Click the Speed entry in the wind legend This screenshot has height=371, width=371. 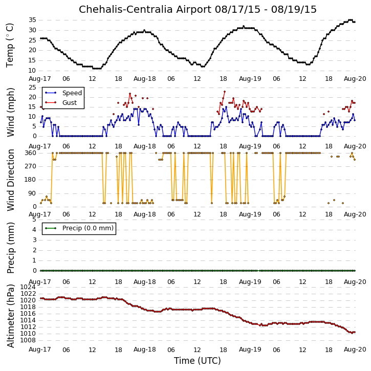point(72,93)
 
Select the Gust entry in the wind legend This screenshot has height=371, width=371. point(70,103)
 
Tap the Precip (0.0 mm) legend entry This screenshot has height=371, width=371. point(88,228)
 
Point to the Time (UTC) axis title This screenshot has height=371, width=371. point(198,361)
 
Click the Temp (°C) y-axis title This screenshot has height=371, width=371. point(10,45)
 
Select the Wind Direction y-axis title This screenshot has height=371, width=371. point(10,180)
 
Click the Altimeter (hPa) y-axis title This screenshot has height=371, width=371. point(10,316)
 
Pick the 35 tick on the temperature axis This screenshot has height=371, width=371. point(32,20)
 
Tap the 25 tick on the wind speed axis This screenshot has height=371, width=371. point(32,88)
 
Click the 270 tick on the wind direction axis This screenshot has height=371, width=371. point(31,166)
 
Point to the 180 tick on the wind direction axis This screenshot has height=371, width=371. point(31,180)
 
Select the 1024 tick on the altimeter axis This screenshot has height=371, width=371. point(28,287)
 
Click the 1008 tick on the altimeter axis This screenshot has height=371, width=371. point(28,340)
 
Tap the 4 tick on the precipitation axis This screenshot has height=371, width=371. point(35,230)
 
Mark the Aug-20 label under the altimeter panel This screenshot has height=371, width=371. point(355,350)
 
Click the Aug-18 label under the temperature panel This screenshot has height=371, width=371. point(145,79)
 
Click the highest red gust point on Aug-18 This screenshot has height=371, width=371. point(225,92)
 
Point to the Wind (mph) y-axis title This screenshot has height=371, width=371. point(10,112)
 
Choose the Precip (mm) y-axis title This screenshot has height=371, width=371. point(10,248)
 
